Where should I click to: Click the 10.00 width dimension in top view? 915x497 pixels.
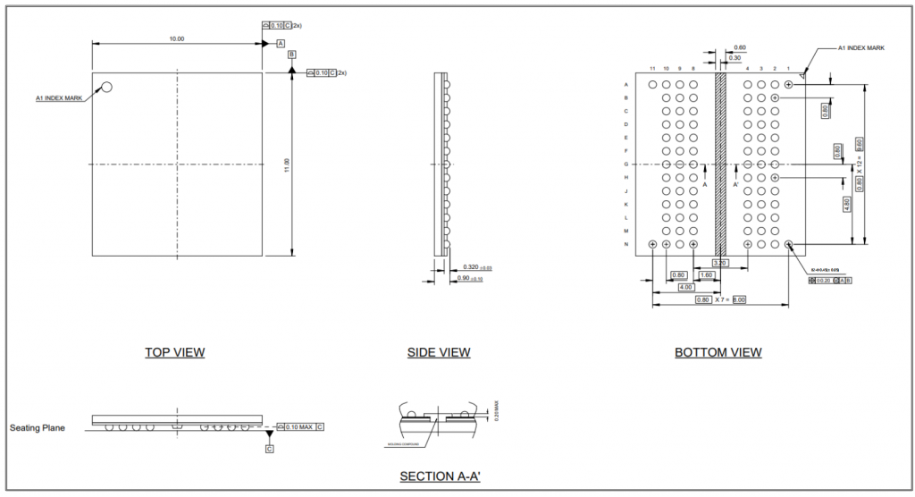[177, 38]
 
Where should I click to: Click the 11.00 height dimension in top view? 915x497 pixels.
[287, 165]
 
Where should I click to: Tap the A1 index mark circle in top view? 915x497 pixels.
[106, 88]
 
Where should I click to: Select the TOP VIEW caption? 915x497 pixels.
[175, 352]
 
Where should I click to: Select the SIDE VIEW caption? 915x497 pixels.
[439, 352]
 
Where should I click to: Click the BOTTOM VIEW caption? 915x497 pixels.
[718, 352]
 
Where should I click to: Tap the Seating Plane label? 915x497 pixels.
[38, 428]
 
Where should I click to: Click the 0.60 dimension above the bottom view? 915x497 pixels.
[739, 47]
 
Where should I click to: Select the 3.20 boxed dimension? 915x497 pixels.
[719, 263]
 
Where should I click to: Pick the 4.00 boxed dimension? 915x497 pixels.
[686, 287]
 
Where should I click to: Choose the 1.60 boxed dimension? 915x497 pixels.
[706, 274]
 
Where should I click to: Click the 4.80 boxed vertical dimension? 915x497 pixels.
[846, 203]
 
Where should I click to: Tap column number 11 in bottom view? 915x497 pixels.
[653, 69]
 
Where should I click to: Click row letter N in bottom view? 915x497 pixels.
[625, 244]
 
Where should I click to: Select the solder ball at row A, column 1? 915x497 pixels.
[788, 84]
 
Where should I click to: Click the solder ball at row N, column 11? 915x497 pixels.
[653, 244]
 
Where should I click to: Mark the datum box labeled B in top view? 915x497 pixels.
[291, 55]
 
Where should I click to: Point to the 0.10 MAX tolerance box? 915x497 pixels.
[298, 426]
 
